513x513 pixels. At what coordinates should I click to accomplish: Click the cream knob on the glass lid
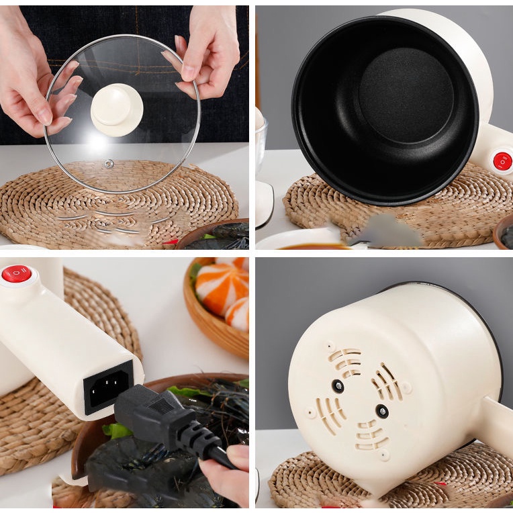tap(116, 109)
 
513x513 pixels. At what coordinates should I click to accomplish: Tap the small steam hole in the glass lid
tap(109, 163)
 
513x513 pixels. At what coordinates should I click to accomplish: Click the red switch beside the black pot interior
tap(502, 161)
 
